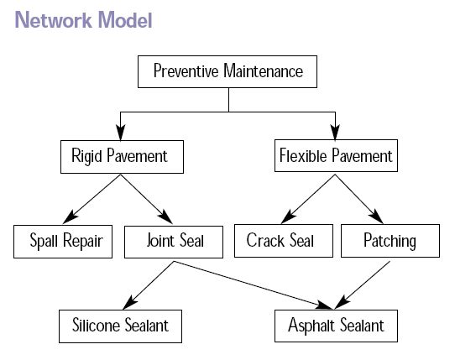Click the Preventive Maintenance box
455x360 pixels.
pyautogui.click(x=227, y=71)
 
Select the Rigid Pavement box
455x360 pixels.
pyautogui.click(x=119, y=156)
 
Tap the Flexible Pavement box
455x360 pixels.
pyautogui.click(x=335, y=156)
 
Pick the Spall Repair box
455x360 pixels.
pyautogui.click(x=63, y=242)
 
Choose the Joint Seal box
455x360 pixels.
pyautogui.click(x=175, y=242)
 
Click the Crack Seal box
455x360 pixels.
pyautogui.click(x=280, y=242)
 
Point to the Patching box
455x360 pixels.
pyautogui.click(x=390, y=242)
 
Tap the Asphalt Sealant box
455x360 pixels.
pyautogui.click(x=335, y=325)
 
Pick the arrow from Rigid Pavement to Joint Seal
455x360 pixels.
pyautogui.click(x=146, y=196)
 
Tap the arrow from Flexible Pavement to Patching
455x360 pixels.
pyautogui.click(x=362, y=196)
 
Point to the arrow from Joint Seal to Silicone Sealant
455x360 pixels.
pyautogui.click(x=148, y=284)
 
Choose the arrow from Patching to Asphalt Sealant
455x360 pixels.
pyautogui.click(x=364, y=284)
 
